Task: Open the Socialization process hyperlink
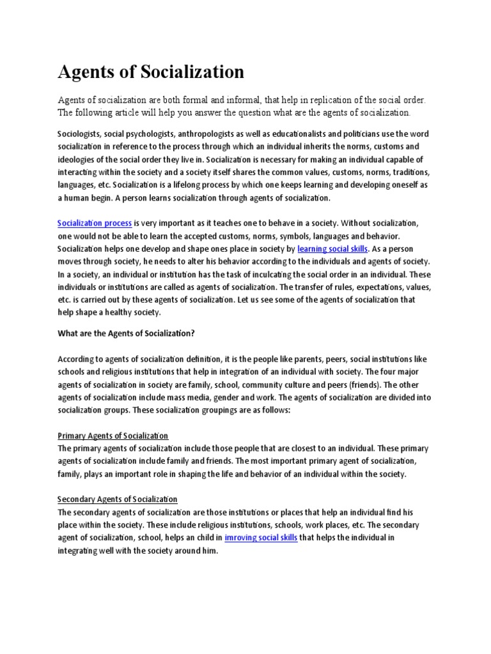click(95, 224)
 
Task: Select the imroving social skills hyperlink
click(261, 538)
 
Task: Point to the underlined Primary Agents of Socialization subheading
click(113, 436)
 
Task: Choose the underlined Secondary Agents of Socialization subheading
click(118, 499)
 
